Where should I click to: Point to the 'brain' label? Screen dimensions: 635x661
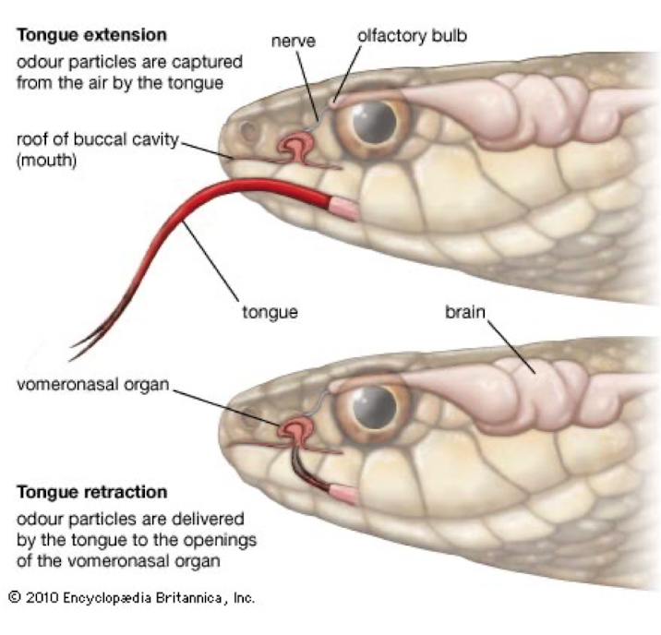(464, 313)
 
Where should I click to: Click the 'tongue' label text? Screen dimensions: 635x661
(271, 313)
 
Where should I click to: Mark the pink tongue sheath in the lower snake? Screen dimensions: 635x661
(343, 495)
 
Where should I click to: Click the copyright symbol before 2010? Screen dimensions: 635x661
(13, 597)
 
